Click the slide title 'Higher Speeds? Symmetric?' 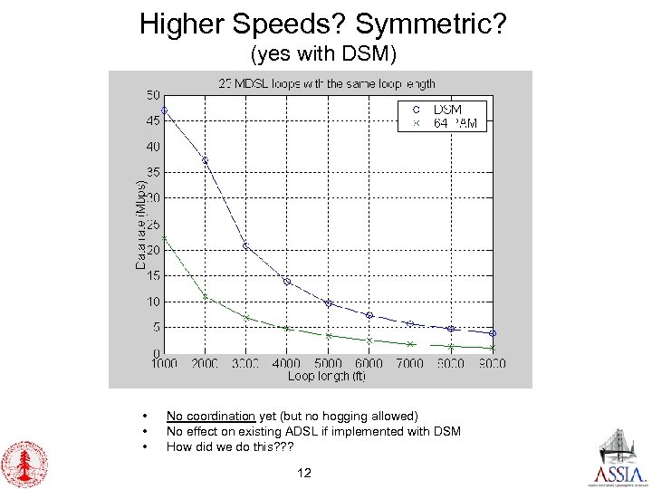coord(322,23)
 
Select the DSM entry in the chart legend coord(446,110)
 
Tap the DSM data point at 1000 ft coord(164,110)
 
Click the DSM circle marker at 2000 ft coord(206,160)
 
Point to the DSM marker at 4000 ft coord(287,282)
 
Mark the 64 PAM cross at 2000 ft coord(206,296)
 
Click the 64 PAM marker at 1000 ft coord(164,238)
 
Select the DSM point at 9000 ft coord(493,333)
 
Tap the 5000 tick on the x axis coord(328,364)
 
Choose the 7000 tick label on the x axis coord(410,364)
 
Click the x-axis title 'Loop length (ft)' coord(328,377)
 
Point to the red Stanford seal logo coord(24,464)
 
